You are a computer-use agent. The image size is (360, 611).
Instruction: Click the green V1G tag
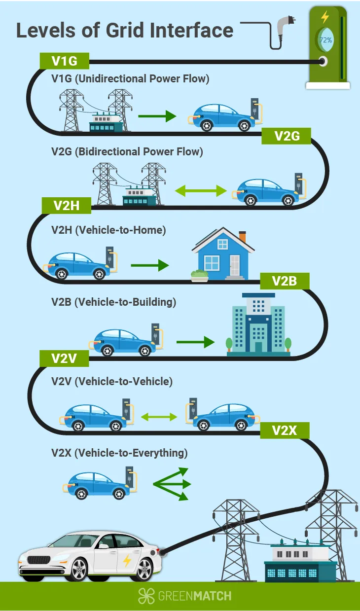click(x=64, y=61)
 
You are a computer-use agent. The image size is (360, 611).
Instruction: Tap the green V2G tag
click(x=287, y=136)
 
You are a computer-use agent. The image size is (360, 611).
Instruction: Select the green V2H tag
click(x=67, y=205)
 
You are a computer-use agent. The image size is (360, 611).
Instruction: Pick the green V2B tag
click(x=285, y=282)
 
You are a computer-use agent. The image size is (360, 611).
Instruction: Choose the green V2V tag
click(x=64, y=359)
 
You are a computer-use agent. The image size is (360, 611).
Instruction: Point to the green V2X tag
click(x=285, y=431)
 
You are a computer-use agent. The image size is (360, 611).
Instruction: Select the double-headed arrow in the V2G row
click(x=200, y=190)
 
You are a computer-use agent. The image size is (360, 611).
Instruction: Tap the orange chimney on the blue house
click(x=242, y=236)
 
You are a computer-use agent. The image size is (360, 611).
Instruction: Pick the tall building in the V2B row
click(x=258, y=323)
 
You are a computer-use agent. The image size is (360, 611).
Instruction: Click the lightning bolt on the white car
click(x=127, y=561)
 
